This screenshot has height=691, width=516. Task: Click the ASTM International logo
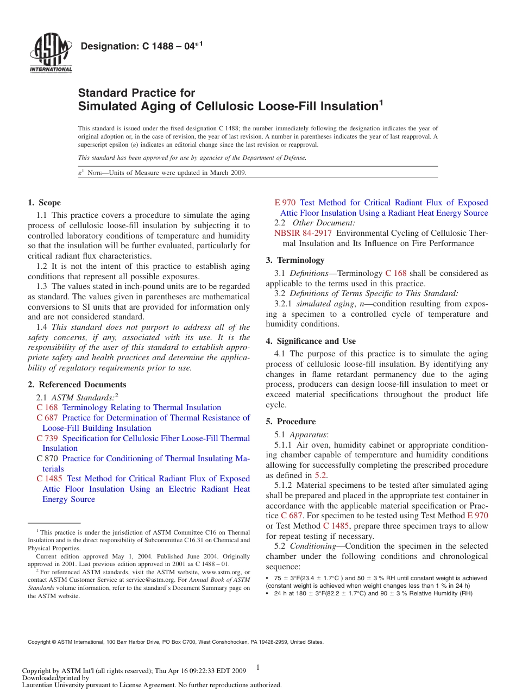tap(51, 52)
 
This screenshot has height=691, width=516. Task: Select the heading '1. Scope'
tap(45, 203)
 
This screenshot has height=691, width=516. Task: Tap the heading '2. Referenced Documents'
tap(77, 385)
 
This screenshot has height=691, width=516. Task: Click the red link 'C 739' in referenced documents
tap(47, 438)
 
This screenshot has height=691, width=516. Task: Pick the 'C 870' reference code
tap(47, 458)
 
